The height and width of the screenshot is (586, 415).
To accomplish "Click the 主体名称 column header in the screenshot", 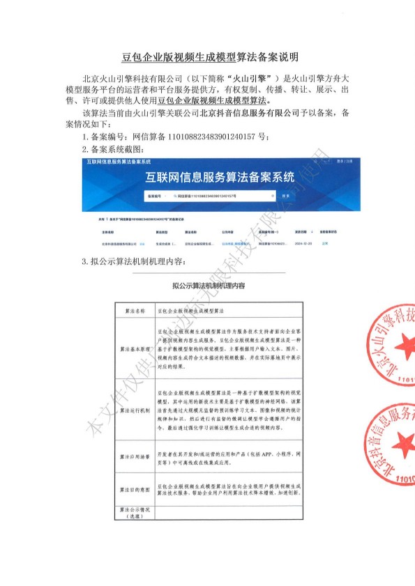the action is (107, 231).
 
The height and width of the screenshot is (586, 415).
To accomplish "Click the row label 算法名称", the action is (135, 309).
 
